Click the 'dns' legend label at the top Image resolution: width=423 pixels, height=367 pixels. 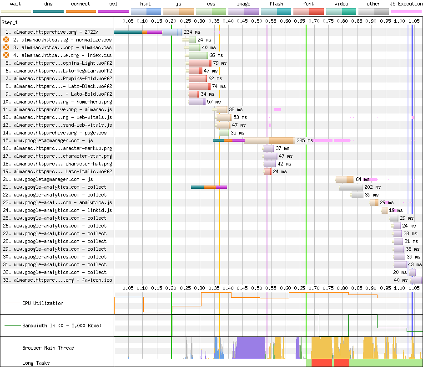click(48, 4)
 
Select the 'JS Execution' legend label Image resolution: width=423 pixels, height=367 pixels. click(406, 4)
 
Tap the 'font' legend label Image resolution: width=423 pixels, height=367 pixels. click(308, 4)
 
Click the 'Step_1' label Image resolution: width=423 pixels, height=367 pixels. click(10, 22)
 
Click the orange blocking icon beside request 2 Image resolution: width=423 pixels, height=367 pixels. click(6, 40)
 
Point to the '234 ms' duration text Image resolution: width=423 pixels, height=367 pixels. click(191, 32)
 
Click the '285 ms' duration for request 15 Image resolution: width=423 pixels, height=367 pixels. click(305, 140)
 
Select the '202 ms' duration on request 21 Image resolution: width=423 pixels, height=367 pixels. click(373, 187)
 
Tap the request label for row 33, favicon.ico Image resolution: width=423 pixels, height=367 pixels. click(59, 280)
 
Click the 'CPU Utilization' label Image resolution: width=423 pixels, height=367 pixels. click(43, 303)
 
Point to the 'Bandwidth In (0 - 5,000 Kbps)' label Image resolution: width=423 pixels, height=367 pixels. click(62, 326)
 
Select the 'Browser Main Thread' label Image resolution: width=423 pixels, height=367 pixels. click(48, 348)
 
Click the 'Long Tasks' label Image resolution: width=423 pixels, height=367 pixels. click(36, 363)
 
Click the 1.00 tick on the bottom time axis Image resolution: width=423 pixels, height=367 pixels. click(400, 288)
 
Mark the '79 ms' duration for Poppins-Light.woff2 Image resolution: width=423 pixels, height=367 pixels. click(219, 63)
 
